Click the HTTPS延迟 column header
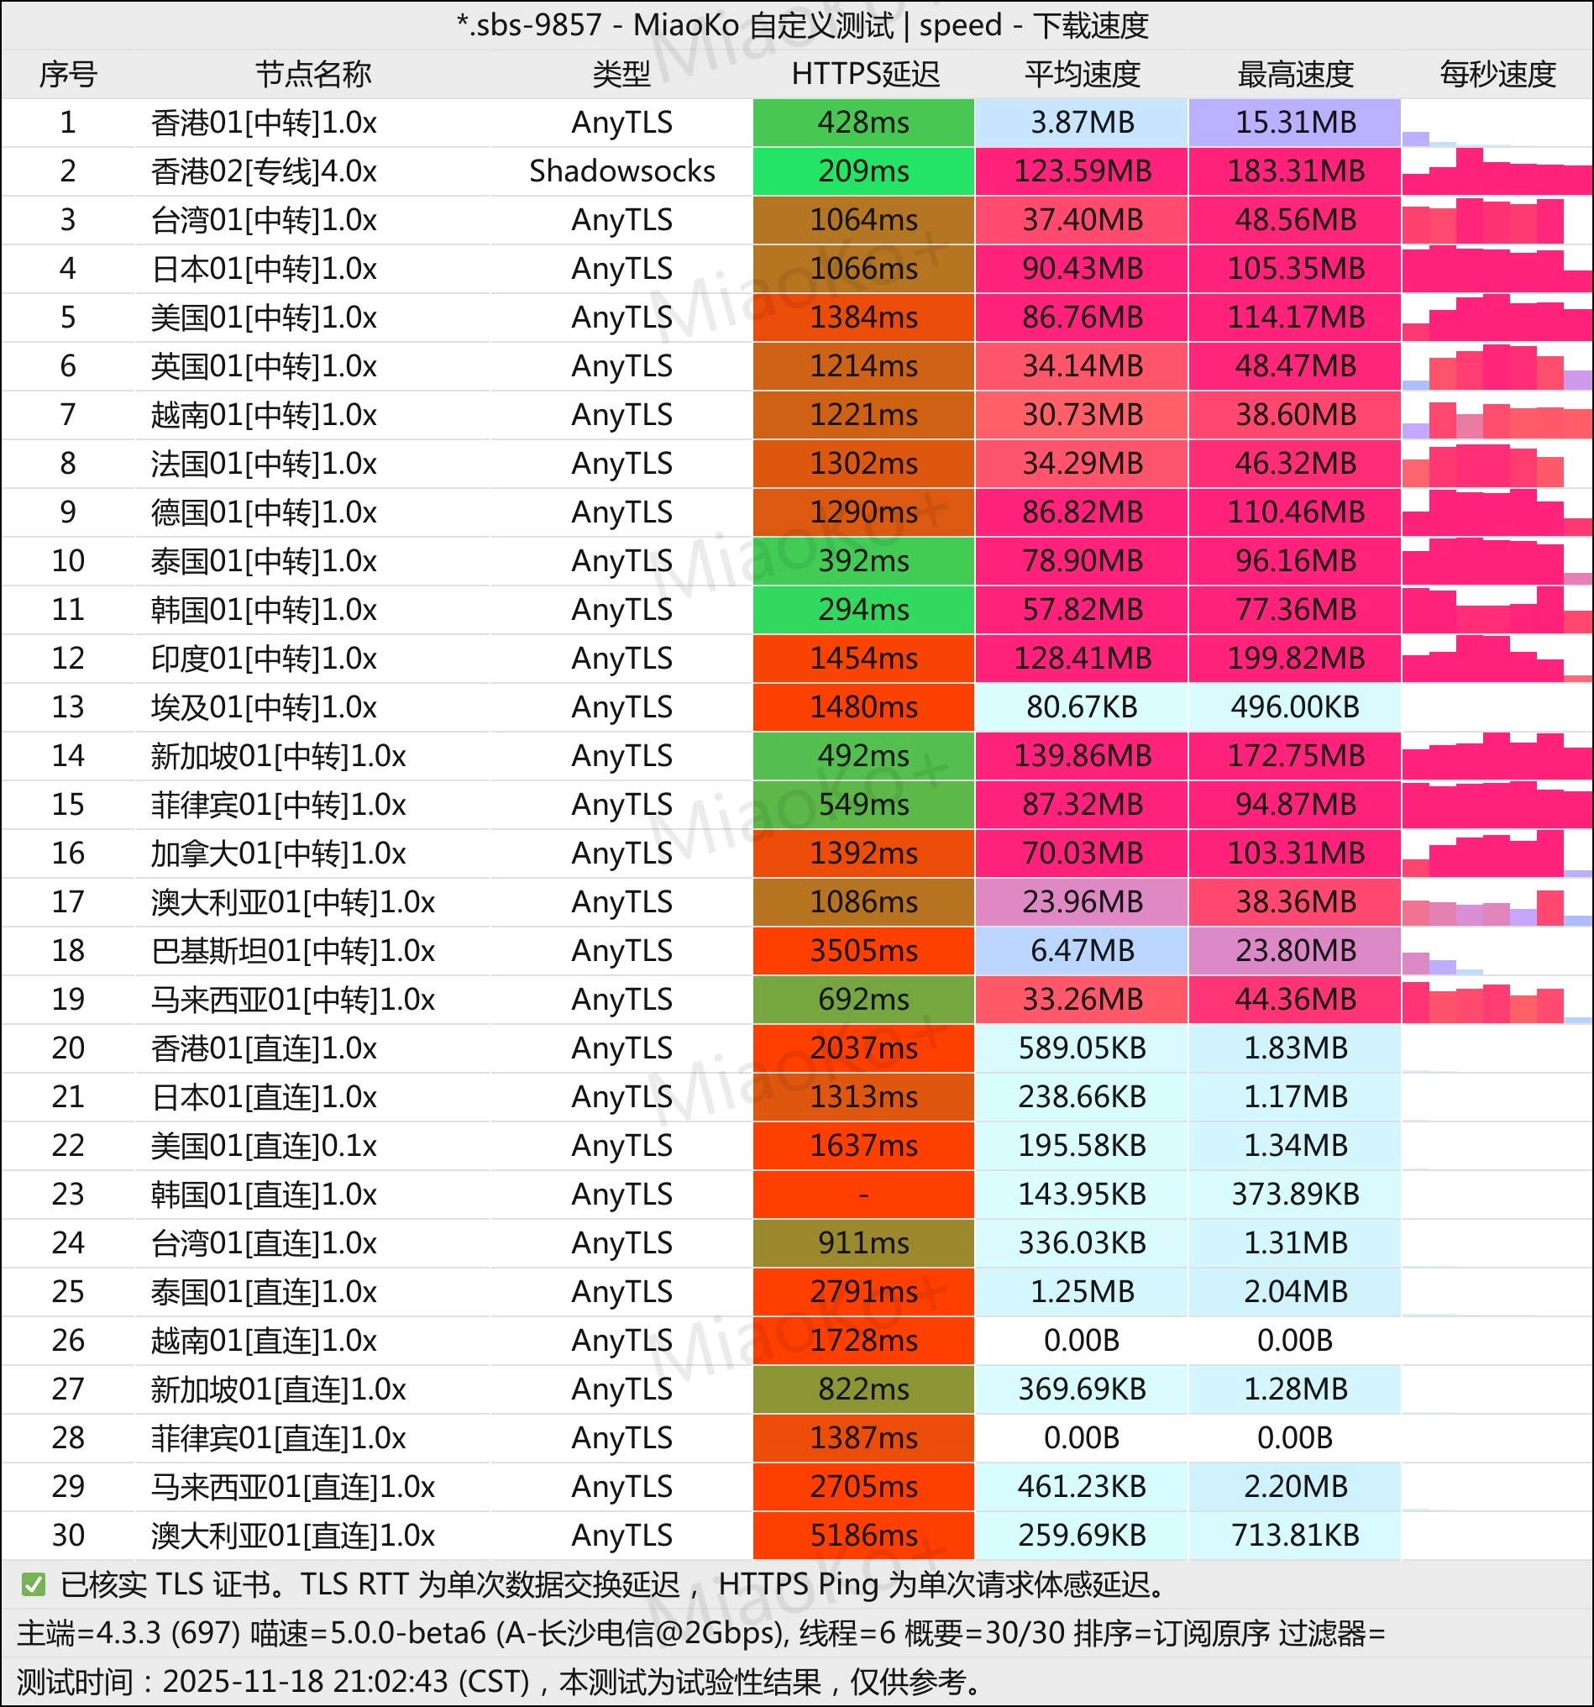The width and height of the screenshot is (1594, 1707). (864, 74)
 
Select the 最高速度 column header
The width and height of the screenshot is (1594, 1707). (1294, 74)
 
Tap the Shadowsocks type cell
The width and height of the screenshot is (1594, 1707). (621, 171)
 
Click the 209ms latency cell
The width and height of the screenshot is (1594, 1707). (863, 171)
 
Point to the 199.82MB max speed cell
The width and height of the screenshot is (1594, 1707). (1294, 659)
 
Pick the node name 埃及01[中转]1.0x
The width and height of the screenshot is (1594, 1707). (264, 707)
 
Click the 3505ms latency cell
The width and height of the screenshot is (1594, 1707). (863, 951)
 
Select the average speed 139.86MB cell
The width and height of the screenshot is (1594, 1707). (1082, 755)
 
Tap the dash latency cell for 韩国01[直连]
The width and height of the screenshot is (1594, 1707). (863, 1195)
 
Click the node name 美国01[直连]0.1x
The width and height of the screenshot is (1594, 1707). (264, 1146)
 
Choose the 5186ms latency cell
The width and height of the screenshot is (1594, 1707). (863, 1536)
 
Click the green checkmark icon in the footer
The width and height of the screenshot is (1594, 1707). (34, 1584)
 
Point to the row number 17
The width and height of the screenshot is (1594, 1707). (68, 901)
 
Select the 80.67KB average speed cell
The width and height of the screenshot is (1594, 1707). (1082, 707)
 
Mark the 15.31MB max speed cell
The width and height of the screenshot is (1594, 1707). (1294, 122)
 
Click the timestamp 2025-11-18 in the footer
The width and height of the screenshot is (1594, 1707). (249, 1681)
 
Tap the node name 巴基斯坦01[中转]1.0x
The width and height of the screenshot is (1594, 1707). (293, 951)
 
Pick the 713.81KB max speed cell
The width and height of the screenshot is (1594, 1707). (1294, 1536)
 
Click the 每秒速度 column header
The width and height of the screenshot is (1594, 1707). (1497, 74)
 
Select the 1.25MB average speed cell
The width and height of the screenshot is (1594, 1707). (1082, 1291)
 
